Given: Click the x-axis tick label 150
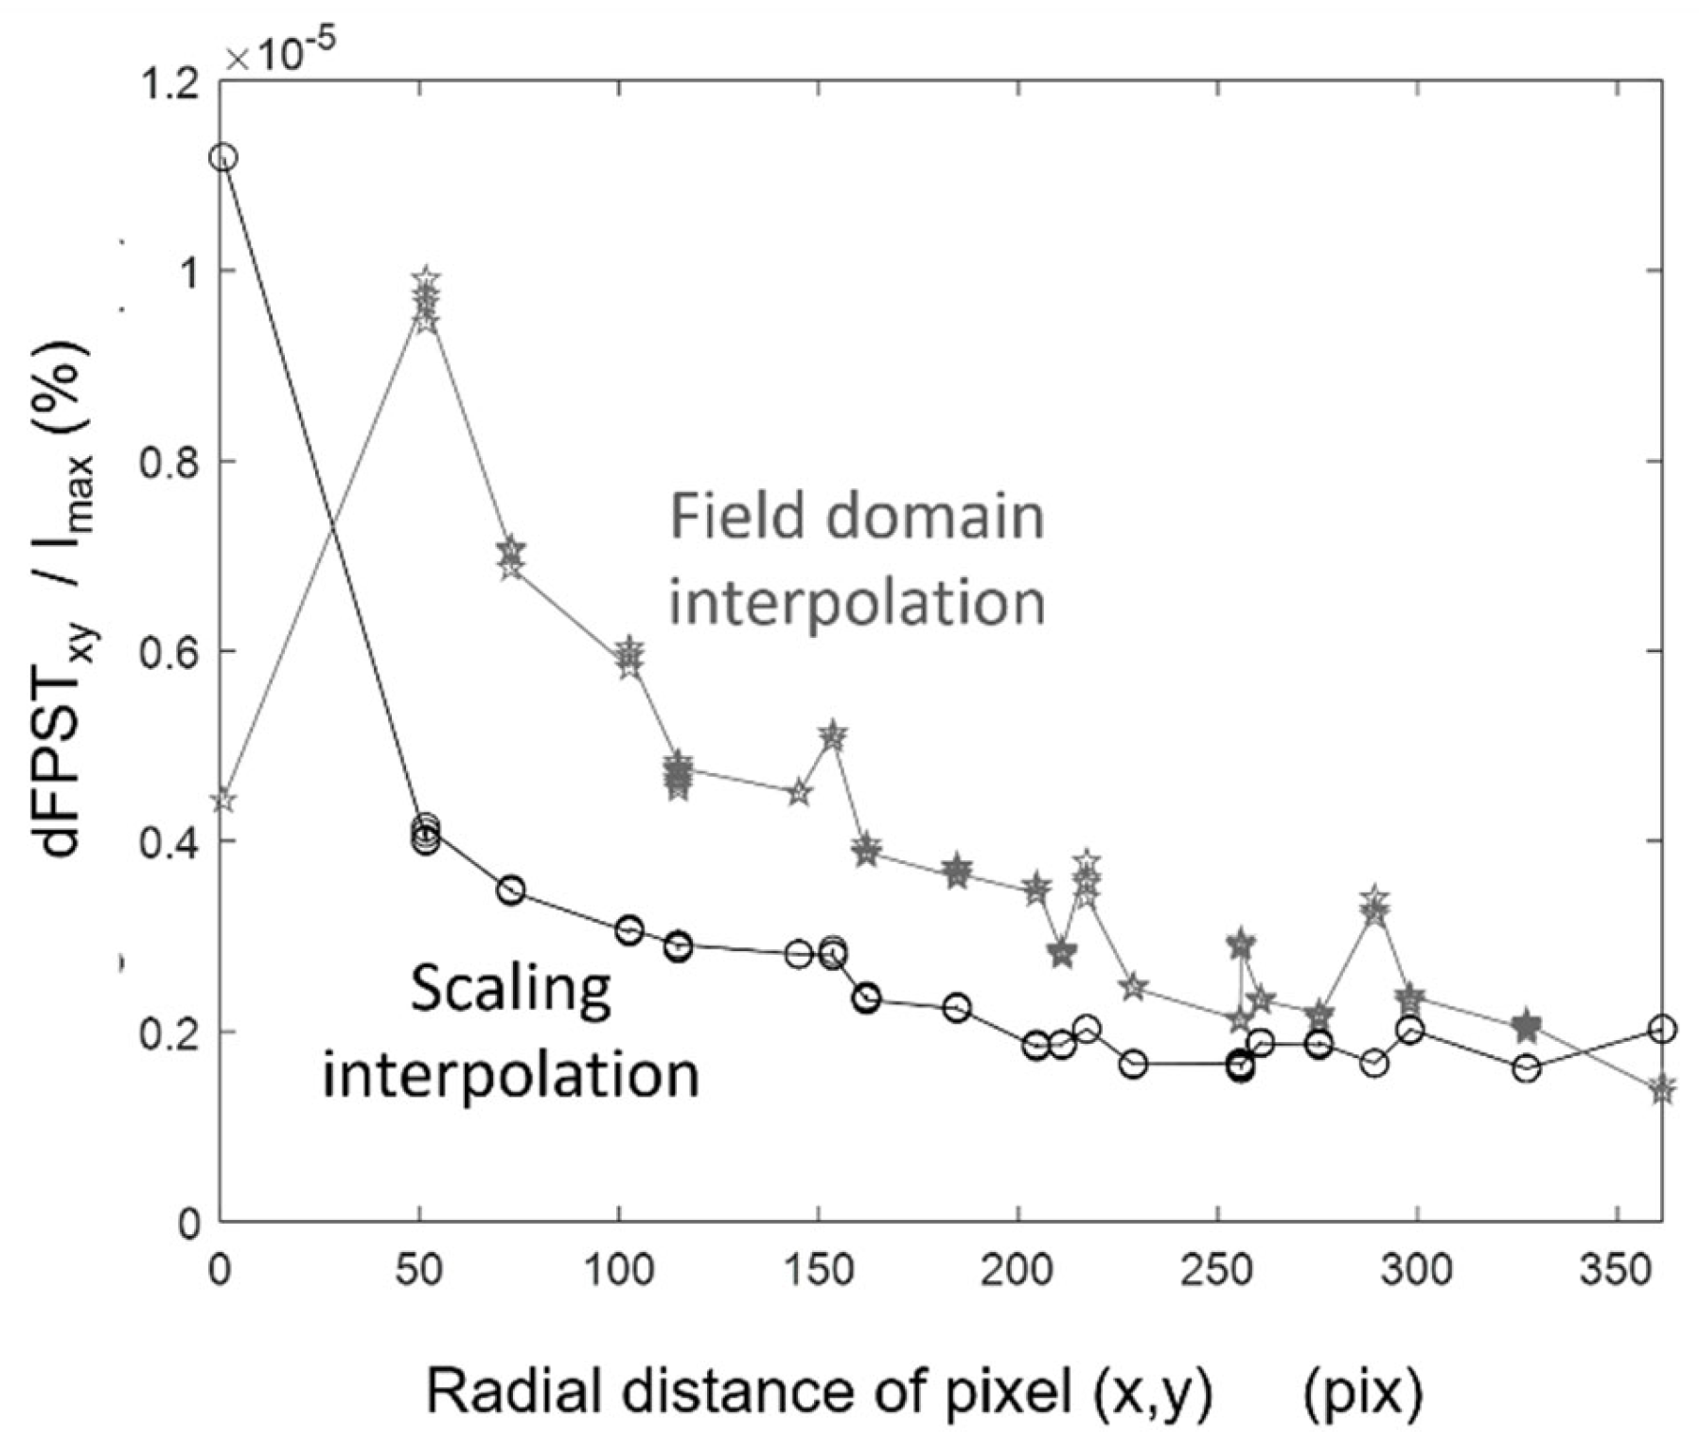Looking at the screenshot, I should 818,1270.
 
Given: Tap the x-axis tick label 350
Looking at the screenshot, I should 1617,1270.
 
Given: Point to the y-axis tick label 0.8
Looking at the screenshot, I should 169,463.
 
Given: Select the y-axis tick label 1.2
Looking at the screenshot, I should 169,82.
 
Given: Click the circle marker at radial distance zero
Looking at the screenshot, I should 222,158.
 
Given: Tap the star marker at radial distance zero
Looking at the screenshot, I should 222,801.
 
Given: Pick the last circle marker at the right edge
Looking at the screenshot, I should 1662,1029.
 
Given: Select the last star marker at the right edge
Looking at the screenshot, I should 1662,1089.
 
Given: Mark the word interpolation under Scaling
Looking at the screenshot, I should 511,1074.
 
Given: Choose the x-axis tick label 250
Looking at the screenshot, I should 1217,1270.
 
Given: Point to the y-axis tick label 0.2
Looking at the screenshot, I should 169,1032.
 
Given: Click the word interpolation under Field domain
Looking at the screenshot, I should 858,602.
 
